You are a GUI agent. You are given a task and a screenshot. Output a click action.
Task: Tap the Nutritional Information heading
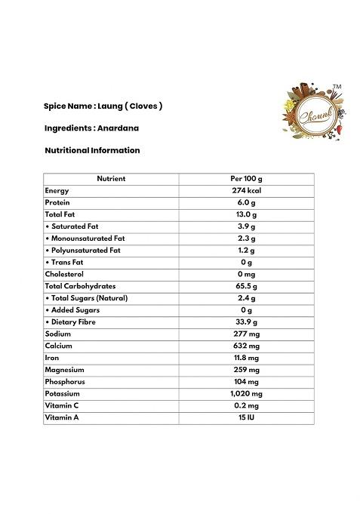tap(92, 150)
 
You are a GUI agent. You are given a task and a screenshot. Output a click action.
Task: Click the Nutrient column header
tap(111, 179)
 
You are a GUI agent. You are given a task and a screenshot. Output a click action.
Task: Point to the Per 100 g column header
tap(246, 179)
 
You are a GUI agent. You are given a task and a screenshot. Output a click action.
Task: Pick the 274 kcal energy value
tap(246, 191)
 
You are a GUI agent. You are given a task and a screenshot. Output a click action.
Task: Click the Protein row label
tap(57, 202)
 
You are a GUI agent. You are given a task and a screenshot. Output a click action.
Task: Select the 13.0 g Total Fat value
tap(246, 214)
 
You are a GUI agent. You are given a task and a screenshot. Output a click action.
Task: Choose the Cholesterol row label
tap(64, 274)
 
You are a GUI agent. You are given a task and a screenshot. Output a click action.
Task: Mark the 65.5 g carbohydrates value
tap(246, 286)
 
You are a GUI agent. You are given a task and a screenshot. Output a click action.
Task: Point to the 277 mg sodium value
tap(246, 334)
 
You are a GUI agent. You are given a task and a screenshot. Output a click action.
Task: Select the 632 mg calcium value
tap(246, 346)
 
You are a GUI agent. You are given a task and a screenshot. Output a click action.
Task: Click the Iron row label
tap(52, 358)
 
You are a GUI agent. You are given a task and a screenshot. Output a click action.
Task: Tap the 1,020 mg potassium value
tap(246, 394)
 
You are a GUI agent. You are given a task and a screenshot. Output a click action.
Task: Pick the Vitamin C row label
tap(63, 406)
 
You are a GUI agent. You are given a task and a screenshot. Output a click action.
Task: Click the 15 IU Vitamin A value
tap(246, 418)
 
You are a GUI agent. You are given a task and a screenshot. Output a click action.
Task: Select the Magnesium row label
tap(64, 370)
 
